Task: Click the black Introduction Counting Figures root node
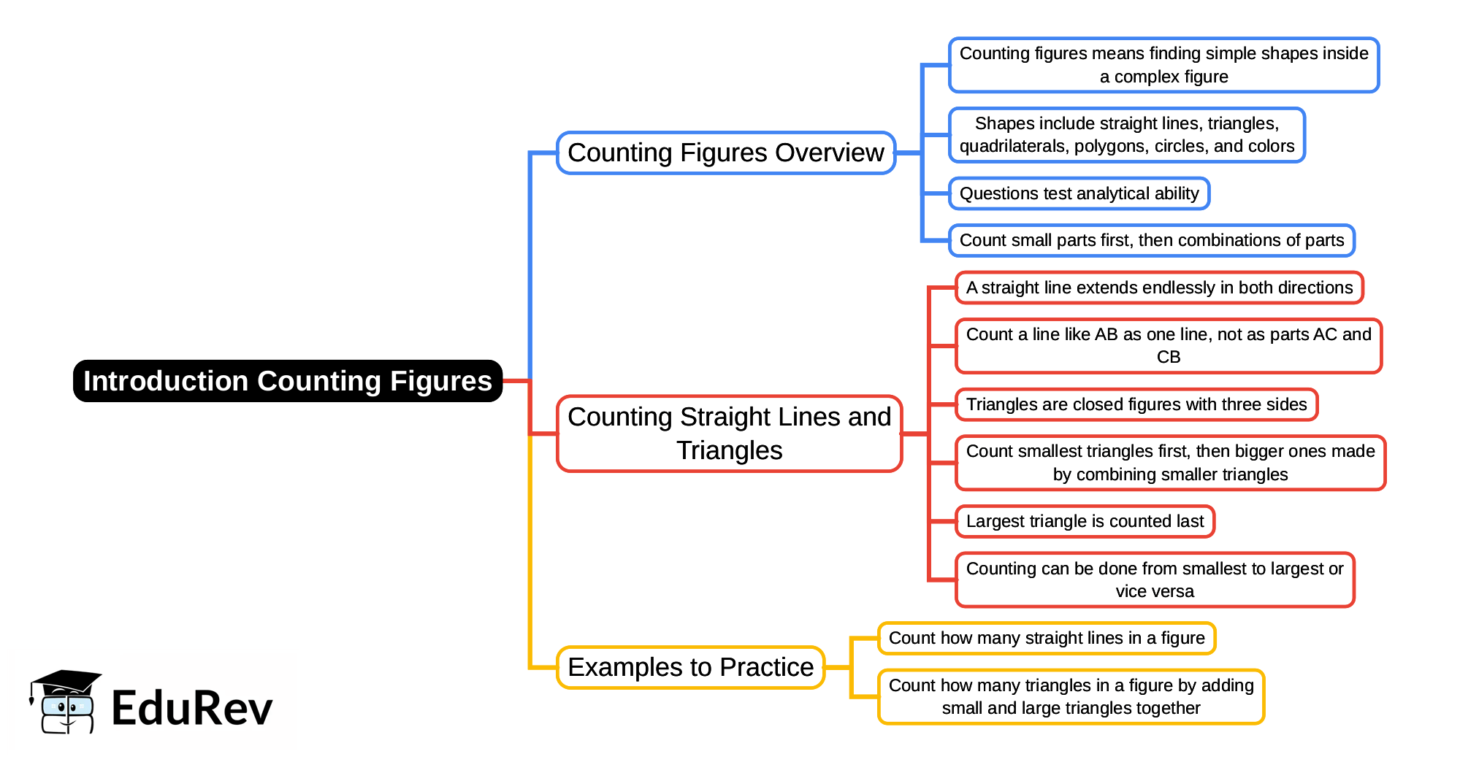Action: click(288, 381)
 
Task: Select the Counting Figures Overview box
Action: click(725, 153)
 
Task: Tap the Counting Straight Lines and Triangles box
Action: click(729, 434)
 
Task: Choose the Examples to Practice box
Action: click(690, 667)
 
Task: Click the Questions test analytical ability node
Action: click(1079, 193)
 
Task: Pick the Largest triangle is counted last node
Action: click(1085, 521)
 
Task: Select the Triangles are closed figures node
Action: click(1136, 404)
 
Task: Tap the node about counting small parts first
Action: click(1151, 240)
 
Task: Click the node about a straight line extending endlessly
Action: click(1159, 288)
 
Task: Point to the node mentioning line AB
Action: click(1168, 345)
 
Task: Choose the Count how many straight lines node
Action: click(1046, 638)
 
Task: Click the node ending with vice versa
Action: click(1154, 580)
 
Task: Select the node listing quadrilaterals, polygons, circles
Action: click(1126, 135)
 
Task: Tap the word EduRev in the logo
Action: click(192, 708)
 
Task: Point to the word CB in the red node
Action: click(1168, 357)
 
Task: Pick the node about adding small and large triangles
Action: click(1071, 696)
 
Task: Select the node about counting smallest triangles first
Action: click(1169, 463)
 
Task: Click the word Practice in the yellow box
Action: click(766, 667)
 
